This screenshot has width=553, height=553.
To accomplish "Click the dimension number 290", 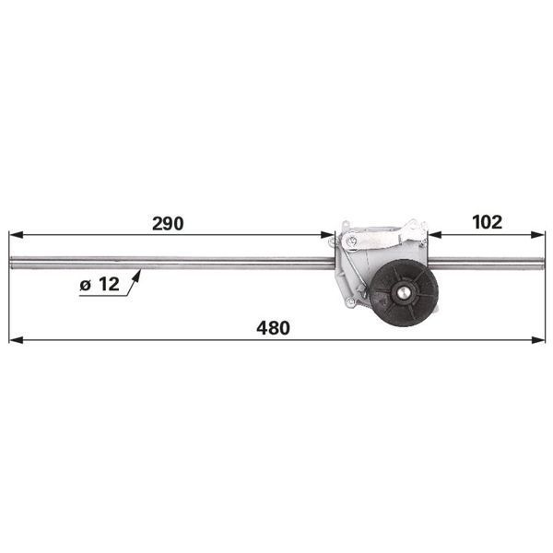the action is [x=168, y=224].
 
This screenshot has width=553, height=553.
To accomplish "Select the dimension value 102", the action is [x=487, y=222].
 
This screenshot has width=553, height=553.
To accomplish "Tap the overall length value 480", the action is [x=274, y=328].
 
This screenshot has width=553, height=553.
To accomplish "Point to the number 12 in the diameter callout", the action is [x=109, y=284].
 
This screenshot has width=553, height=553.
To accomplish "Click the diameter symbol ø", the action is [x=86, y=285].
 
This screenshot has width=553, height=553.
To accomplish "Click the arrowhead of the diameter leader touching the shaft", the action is [x=137, y=276].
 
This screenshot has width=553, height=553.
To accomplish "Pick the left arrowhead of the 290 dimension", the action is [x=17, y=234].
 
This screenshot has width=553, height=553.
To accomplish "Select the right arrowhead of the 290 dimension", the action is [x=327, y=234].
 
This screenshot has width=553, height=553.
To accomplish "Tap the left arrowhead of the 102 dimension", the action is [x=434, y=234].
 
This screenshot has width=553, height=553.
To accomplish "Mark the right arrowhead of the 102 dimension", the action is [x=538, y=234].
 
